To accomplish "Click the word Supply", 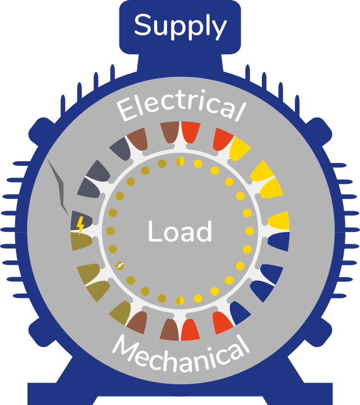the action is [x=180, y=26].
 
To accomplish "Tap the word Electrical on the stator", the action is [x=181, y=106].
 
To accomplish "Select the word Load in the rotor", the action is [x=180, y=231].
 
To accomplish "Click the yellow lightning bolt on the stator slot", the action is [x=80, y=225].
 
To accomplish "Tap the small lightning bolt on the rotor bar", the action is [x=120, y=266].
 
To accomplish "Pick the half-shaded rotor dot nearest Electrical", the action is [x=180, y=161].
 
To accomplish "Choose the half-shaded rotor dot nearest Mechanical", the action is [x=180, y=301].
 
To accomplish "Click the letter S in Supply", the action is [x=142, y=25].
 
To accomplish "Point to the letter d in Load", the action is [x=204, y=231].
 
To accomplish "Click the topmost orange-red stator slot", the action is [x=190, y=131].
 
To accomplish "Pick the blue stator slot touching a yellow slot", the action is [x=279, y=241].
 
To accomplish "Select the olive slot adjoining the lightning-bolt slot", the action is [x=81, y=241].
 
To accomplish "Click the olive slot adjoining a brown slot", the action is [x=121, y=313].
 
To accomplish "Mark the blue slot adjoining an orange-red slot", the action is [x=239, y=313].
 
